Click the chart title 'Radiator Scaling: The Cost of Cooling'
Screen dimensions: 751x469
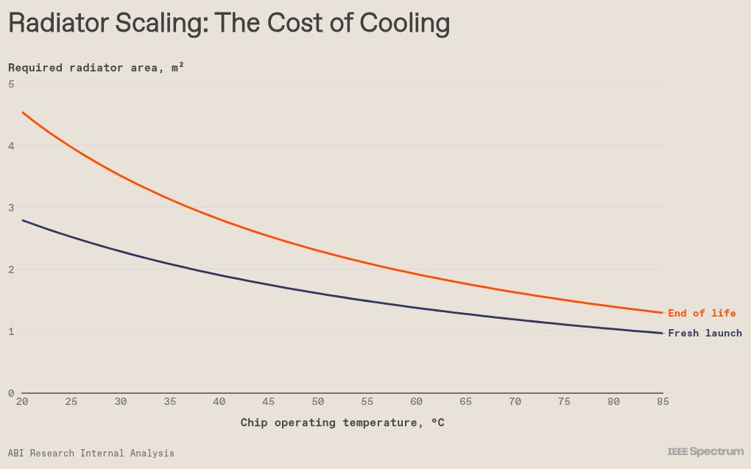tap(229, 23)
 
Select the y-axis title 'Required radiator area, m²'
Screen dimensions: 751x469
tap(96, 68)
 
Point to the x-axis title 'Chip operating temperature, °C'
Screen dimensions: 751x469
tap(342, 423)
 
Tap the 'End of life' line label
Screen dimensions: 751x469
tap(702, 313)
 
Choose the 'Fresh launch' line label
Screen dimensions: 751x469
tap(705, 333)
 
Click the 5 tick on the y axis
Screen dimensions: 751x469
tap(11, 84)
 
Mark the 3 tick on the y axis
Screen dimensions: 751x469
tap(11, 208)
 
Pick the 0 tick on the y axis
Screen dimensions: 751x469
tap(11, 393)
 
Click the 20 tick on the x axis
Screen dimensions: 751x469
tap(22, 401)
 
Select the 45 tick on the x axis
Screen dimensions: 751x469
tap(268, 401)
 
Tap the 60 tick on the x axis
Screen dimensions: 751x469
tap(416, 401)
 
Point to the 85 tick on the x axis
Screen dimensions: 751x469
tap(663, 401)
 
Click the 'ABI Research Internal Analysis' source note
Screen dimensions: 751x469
tap(91, 454)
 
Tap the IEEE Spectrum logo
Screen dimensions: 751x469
tap(705, 451)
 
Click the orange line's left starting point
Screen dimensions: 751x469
tap(23, 113)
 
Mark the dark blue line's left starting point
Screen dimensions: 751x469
tap(23, 220)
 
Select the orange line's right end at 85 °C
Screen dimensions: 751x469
tap(663, 313)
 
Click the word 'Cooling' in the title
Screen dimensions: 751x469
tap(405, 23)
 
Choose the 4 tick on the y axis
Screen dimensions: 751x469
tap(11, 146)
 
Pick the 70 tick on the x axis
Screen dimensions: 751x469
tap(515, 401)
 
